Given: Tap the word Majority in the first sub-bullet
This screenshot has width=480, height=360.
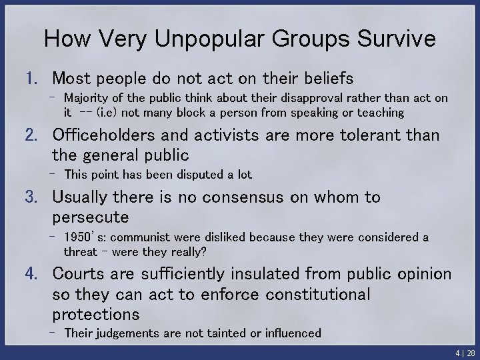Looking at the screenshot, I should click(x=86, y=99).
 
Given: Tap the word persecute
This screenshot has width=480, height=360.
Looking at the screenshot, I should click(x=90, y=217).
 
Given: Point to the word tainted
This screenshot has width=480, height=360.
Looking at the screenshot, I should click(x=207, y=333).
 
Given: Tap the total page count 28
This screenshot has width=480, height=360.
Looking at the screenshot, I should click(x=470, y=352).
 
